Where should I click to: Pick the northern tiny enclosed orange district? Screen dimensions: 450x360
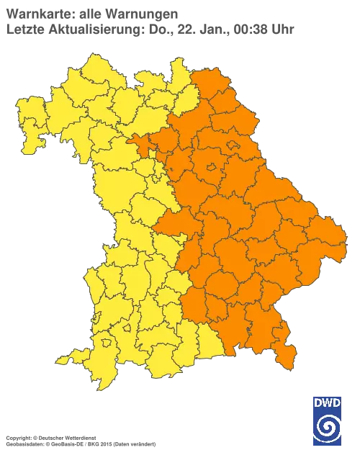tap(235, 146)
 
